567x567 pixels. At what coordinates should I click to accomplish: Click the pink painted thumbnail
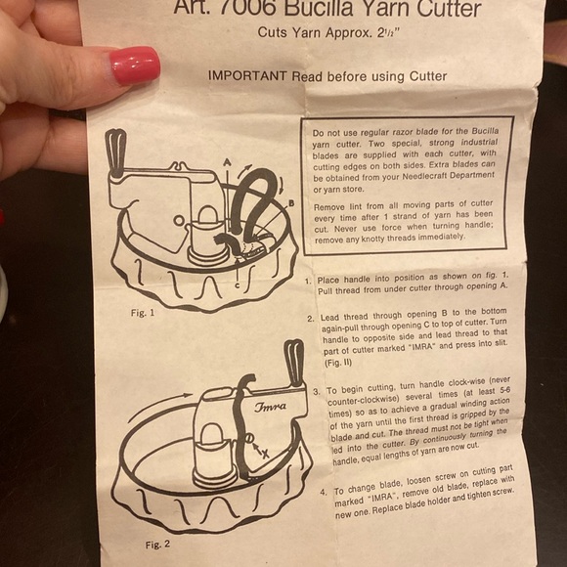(x=135, y=65)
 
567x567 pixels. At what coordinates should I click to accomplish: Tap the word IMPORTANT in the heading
(x=247, y=75)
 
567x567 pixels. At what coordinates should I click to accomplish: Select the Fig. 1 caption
(x=143, y=313)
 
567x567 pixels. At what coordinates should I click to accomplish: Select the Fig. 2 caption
(x=157, y=545)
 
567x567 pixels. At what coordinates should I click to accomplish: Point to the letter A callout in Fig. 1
(x=227, y=162)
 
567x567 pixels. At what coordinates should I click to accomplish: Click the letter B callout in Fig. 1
(x=291, y=203)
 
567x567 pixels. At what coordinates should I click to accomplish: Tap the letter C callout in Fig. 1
(x=238, y=285)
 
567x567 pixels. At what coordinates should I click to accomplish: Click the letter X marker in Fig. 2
(x=266, y=454)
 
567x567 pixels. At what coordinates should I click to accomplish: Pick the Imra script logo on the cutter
(x=270, y=407)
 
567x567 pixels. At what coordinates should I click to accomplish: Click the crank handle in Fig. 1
(x=115, y=153)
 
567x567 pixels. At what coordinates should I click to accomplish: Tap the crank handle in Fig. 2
(x=294, y=363)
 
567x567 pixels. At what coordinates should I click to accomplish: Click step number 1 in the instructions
(x=308, y=281)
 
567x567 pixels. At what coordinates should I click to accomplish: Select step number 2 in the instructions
(x=311, y=319)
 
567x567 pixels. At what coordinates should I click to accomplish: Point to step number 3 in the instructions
(x=317, y=392)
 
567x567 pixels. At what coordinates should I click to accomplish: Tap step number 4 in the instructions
(x=324, y=492)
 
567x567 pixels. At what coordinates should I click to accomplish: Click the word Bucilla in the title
(x=319, y=8)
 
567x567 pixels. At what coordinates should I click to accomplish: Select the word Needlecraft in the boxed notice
(x=426, y=177)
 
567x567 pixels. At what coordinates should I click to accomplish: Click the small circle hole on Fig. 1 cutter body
(x=178, y=220)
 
